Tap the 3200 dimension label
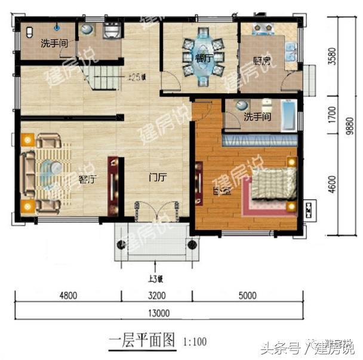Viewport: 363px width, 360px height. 158,294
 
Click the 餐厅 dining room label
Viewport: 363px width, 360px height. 204,58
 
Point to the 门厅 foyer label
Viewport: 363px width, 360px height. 158,177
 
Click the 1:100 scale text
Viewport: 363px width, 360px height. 195,342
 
